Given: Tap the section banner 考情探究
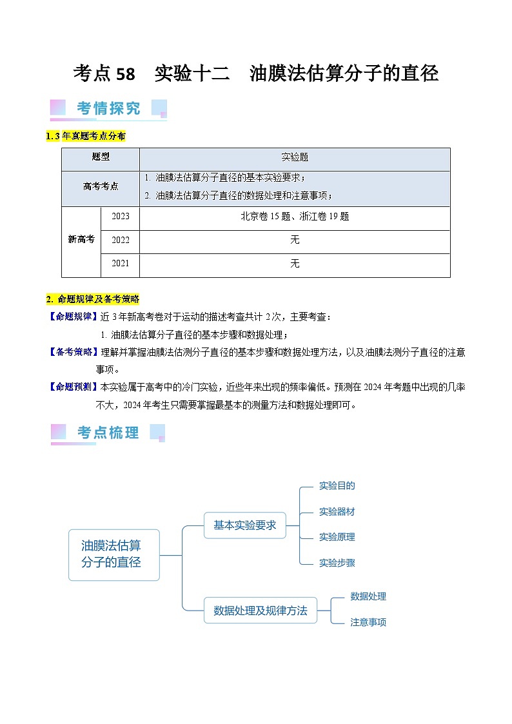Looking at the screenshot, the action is (108, 108).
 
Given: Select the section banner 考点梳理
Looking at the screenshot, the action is (108, 433).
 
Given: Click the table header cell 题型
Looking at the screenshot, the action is (101, 157).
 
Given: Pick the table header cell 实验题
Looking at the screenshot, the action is (295, 157).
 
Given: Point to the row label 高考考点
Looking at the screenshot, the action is (101, 186).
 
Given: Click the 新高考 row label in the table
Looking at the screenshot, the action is (81, 239).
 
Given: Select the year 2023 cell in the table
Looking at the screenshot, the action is (121, 217).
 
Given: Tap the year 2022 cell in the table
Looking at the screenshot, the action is (121, 240).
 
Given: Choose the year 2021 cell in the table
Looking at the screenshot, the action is (121, 263).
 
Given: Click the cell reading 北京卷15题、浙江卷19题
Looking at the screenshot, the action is (295, 217).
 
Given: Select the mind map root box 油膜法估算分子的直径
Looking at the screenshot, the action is (113, 554).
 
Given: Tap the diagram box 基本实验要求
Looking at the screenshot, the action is (244, 525).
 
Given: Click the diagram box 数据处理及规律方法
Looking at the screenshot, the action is (261, 610).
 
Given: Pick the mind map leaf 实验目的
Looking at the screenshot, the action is (337, 485).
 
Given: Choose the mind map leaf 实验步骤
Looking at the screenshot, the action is (337, 563).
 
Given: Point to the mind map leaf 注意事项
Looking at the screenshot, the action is (368, 622).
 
